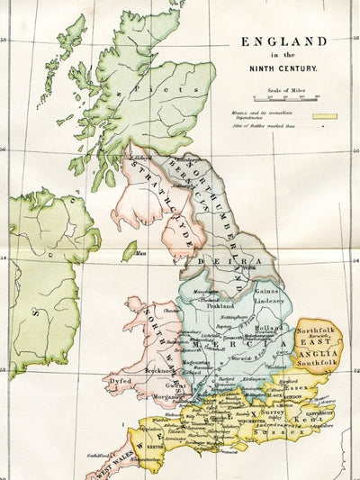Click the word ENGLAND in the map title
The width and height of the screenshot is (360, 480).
(x=283, y=41)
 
